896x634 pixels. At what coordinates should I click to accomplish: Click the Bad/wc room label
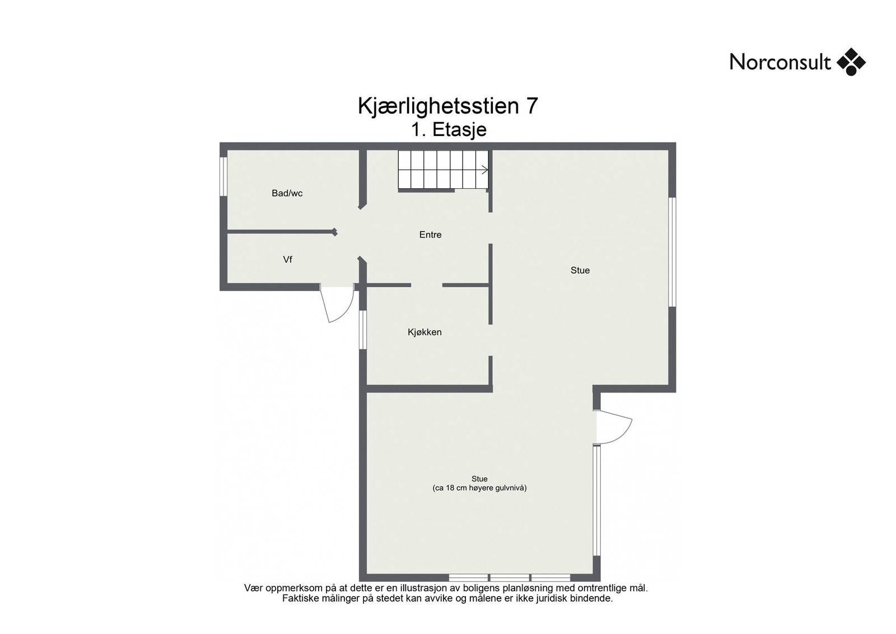pos(287,193)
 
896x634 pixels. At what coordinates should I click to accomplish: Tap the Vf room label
pos(287,259)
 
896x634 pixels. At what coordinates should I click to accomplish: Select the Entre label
pos(430,235)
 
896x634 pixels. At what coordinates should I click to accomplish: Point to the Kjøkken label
pos(424,332)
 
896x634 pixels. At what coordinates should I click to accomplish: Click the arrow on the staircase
pos(484,170)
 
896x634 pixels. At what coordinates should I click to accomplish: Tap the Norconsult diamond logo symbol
pos(851,62)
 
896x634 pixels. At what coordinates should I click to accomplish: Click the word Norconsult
pos(780,62)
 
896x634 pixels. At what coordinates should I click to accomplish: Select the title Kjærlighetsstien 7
pos(447,106)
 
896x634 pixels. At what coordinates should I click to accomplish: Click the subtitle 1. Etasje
pos(449,129)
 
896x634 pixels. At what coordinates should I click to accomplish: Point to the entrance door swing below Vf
pos(337,305)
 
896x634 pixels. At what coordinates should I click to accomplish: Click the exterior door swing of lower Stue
pos(615,427)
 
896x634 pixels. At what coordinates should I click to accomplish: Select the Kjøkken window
pos(362,329)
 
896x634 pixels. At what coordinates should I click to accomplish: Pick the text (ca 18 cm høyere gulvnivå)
pos(479,488)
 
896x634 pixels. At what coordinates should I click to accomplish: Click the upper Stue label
pos(580,270)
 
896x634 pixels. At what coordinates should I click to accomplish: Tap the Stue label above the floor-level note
pos(479,479)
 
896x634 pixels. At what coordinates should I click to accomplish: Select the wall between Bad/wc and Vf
pos(280,231)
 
